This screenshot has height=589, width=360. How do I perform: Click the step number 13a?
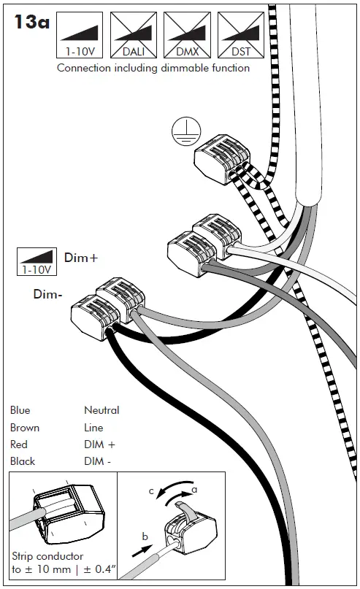31,22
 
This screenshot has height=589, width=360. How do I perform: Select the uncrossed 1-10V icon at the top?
80,35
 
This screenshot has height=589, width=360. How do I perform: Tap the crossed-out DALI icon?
134,35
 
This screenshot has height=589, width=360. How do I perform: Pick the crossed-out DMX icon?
187,35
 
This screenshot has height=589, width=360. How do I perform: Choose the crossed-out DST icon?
241,35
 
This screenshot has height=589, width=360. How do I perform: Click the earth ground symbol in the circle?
186,131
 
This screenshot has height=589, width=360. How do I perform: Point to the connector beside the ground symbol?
222,158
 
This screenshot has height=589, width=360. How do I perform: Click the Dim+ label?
81,258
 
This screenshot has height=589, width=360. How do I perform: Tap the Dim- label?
47,293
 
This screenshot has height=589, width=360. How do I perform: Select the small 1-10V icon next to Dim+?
37,261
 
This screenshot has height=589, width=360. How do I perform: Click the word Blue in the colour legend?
20,410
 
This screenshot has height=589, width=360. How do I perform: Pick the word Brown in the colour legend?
25,428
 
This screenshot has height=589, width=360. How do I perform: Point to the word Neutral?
102,410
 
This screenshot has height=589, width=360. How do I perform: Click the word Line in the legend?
93,428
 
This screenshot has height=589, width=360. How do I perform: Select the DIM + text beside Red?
99,444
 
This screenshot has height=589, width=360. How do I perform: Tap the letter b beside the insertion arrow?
145,536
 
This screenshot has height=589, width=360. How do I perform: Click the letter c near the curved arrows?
151,491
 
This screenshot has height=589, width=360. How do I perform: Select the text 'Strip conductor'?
47,556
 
